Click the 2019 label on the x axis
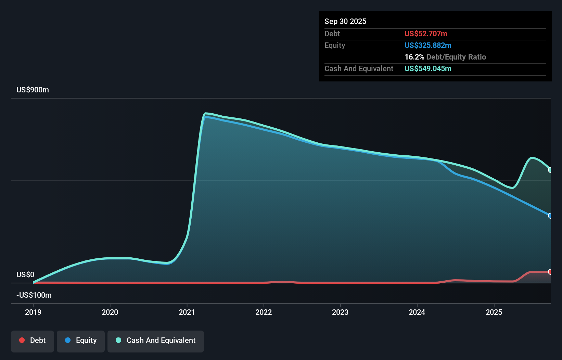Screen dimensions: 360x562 coord(33,312)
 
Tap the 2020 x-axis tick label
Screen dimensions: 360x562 coord(110,312)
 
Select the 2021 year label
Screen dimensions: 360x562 coord(187,312)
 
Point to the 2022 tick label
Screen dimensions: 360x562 coord(264,312)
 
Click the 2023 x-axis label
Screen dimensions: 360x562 coord(340,312)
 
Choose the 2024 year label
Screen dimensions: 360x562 coord(417,312)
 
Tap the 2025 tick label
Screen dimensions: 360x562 coord(494,312)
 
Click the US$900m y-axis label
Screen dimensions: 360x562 coord(33,90)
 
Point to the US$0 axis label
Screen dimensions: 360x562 coord(25,274)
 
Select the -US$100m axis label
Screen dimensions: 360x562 coord(34,295)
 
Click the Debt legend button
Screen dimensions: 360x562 coord(33,340)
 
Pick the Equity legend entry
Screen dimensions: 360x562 coord(81,340)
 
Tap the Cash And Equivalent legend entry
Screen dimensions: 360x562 coord(156,340)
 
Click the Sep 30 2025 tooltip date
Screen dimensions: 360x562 coord(345,22)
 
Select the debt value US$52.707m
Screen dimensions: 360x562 coord(426,34)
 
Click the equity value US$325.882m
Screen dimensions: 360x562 coord(428,45)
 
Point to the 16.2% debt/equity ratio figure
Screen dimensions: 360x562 coord(414,57)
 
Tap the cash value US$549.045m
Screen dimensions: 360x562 coord(428,68)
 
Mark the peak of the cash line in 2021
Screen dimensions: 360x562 coord(205,113)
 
